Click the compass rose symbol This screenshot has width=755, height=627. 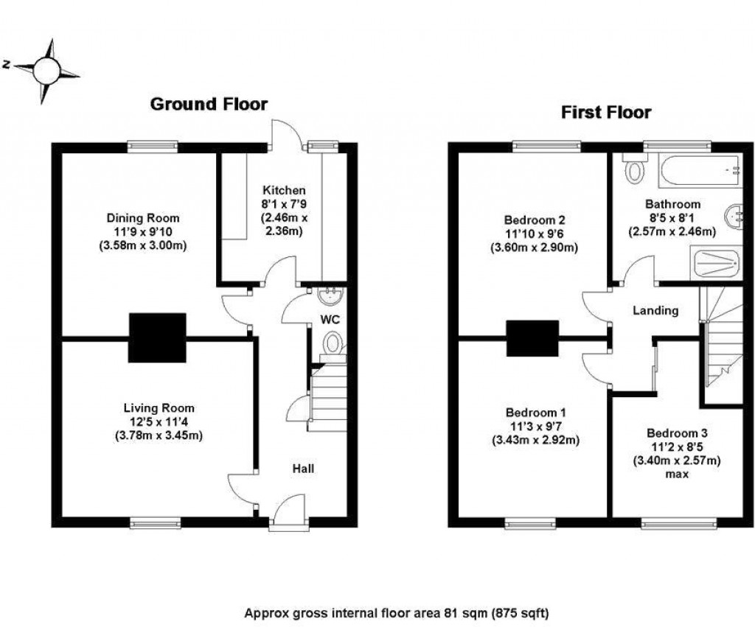tap(46, 70)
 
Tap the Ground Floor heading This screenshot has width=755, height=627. tap(209, 104)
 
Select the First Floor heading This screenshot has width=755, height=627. tap(606, 113)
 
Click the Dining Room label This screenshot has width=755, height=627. tap(143, 218)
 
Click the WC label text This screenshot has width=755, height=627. tap(328, 319)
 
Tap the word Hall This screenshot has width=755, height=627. tap(303, 468)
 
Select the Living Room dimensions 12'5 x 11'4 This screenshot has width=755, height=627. tap(159, 421)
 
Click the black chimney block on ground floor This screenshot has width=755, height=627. tap(157, 337)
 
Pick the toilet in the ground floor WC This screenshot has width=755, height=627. tap(333, 343)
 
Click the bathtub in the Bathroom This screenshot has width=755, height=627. tap(700, 172)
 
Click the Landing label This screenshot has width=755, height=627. tap(655, 311)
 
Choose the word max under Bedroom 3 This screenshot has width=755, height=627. tap(676, 474)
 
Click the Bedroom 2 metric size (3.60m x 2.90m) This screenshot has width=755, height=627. tap(535, 248)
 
